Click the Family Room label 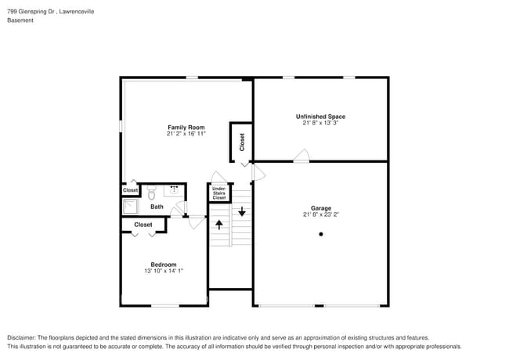[x=186, y=127]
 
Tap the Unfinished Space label [x=320, y=117]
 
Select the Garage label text [x=321, y=208]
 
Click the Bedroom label [x=164, y=265]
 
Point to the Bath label [x=157, y=207]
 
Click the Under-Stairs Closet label [x=219, y=193]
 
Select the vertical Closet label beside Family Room [x=242, y=142]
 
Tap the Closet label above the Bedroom [x=143, y=225]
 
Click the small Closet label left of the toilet [x=130, y=190]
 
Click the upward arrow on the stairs [x=219, y=225]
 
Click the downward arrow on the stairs [x=242, y=211]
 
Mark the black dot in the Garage [x=320, y=234]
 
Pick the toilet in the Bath [x=152, y=191]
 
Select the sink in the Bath [x=175, y=189]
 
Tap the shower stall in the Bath [x=129, y=207]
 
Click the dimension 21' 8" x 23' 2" [x=321, y=214]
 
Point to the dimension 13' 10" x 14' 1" [x=164, y=271]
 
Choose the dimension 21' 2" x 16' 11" [x=186, y=133]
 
